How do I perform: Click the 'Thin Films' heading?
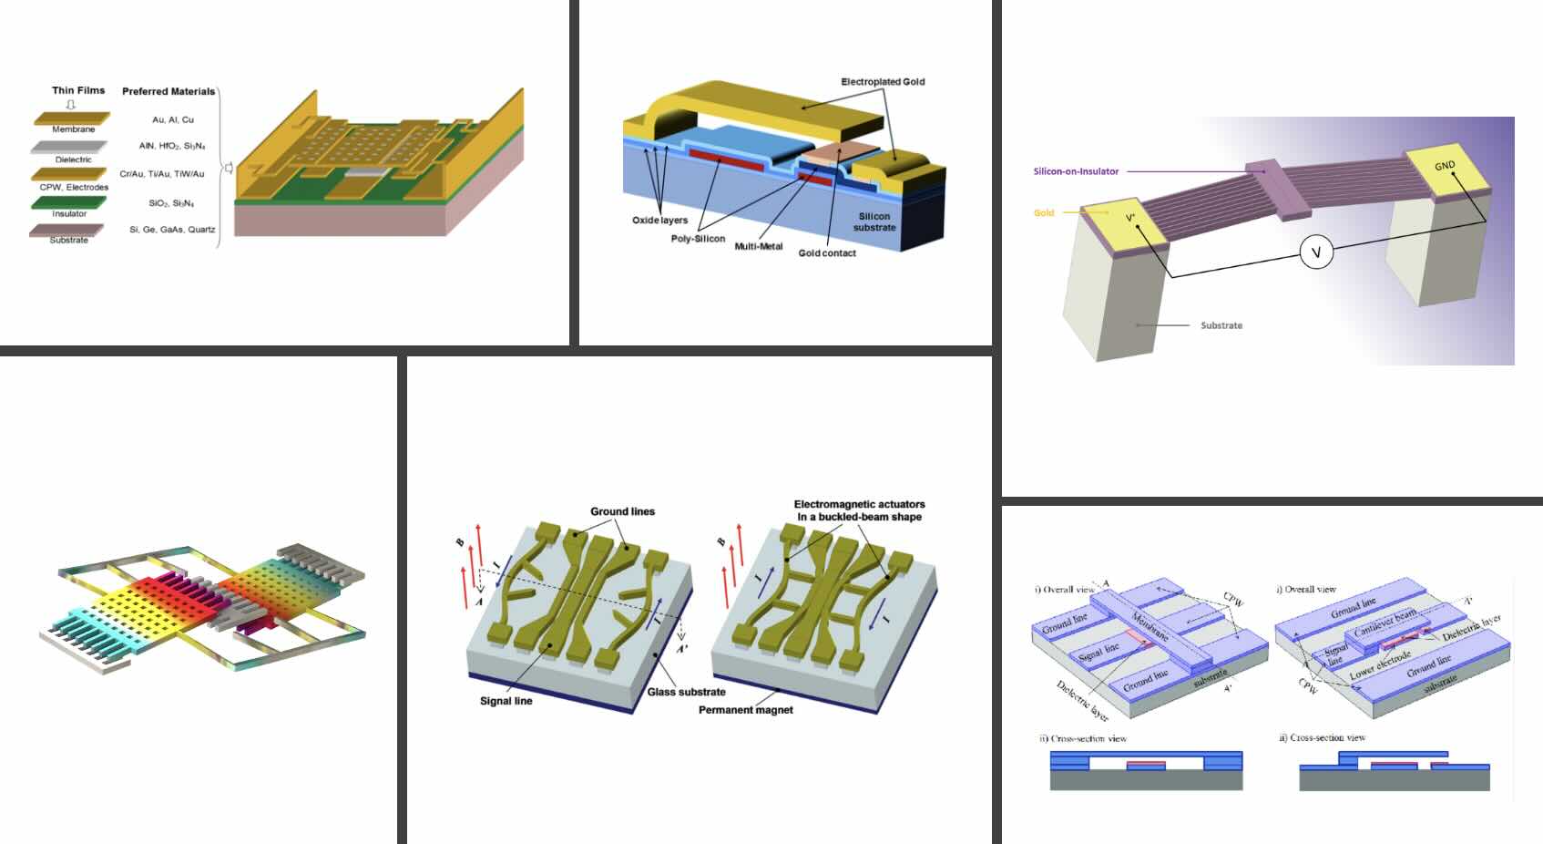click(x=78, y=90)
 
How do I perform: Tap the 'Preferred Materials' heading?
click(x=169, y=91)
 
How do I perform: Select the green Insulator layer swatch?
click(x=68, y=202)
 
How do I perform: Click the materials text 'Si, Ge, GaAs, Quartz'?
click(x=172, y=230)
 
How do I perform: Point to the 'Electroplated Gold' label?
click(x=882, y=82)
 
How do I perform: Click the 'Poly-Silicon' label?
click(x=698, y=239)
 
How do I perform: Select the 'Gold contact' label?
click(x=827, y=253)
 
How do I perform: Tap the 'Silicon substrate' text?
click(x=874, y=221)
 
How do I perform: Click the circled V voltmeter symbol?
click(x=1315, y=252)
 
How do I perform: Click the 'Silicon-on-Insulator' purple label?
click(x=1076, y=171)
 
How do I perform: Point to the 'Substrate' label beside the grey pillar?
click(x=1221, y=325)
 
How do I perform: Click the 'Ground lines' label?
click(x=622, y=511)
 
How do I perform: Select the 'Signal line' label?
click(x=506, y=701)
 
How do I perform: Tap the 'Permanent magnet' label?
click(x=745, y=710)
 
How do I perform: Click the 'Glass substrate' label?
click(x=686, y=692)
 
